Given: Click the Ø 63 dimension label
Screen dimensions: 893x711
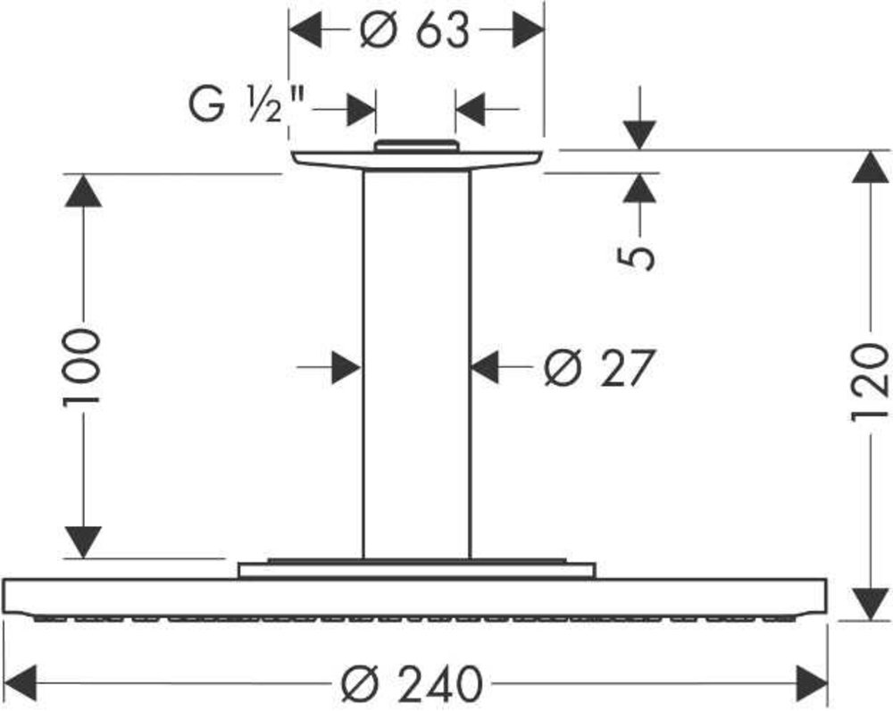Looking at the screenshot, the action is point(414,30).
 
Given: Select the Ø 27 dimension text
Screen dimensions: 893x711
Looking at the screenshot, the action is point(598,368).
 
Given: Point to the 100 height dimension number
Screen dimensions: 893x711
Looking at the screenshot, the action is point(81,366).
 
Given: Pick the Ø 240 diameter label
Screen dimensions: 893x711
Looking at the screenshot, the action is point(412,683).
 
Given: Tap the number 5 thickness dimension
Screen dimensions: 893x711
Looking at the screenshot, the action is point(637,257).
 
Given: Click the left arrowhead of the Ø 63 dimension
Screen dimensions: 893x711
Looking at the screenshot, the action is point(305,30).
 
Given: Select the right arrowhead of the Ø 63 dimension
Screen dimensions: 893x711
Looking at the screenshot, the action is point(529,30).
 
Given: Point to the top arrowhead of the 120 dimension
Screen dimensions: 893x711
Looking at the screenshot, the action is point(870,167).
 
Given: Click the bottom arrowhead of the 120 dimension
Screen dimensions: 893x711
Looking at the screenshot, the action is point(870,604).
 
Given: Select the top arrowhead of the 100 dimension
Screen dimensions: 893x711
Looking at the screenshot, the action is point(83,190).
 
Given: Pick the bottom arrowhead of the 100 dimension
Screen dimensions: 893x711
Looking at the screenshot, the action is point(83,542).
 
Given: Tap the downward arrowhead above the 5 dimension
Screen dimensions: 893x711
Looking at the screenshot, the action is point(639,135).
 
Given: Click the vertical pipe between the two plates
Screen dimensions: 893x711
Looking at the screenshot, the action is point(417,364).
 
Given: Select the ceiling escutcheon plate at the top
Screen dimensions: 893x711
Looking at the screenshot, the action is point(416,161).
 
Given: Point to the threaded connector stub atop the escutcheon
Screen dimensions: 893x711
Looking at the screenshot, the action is point(416,146).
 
